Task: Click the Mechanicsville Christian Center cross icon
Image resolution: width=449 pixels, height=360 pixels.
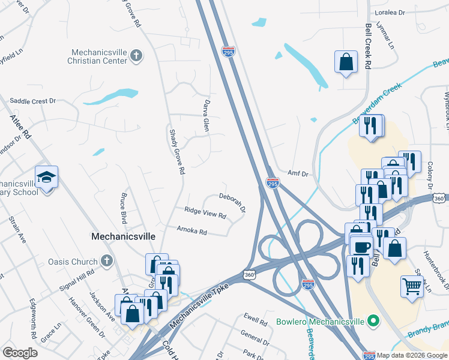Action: point(136,56)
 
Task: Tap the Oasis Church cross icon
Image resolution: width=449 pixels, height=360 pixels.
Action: point(107,261)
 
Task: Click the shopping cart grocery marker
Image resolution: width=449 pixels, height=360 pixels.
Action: point(412,286)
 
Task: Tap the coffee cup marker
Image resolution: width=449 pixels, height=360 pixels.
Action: point(362,247)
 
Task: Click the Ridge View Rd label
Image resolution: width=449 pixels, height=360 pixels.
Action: point(205,212)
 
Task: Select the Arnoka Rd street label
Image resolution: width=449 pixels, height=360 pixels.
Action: point(192,229)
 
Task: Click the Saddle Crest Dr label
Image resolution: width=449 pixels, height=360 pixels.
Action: point(33,101)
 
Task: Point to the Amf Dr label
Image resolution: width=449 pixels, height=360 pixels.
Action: point(298,173)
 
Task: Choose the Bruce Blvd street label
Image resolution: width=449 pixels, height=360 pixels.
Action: point(124,205)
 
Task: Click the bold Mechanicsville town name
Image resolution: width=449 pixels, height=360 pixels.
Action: point(123,236)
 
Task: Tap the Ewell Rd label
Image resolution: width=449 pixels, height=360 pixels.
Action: point(255,321)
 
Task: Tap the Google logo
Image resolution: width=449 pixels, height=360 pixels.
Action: point(20,353)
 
